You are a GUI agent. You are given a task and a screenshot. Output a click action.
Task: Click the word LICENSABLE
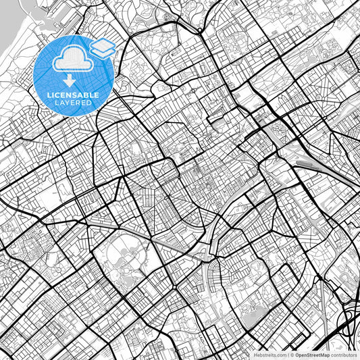click(73, 95)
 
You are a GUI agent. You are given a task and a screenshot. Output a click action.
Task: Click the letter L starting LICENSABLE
click(49, 95)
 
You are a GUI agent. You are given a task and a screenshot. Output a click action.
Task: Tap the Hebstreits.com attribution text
click(269, 354)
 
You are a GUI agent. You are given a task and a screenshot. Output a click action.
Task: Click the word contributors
click(344, 354)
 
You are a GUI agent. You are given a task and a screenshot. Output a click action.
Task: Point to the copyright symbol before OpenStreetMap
click(292, 354)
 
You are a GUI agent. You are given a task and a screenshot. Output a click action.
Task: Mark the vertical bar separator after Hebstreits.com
click(287, 354)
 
